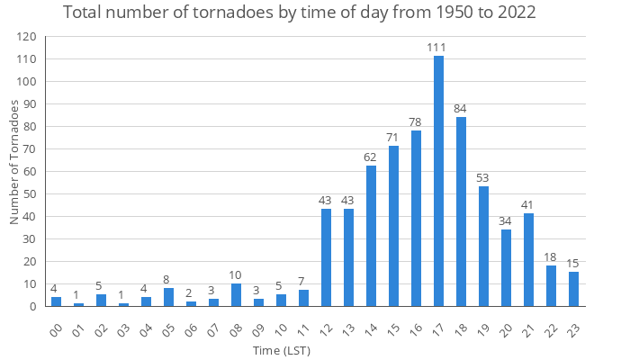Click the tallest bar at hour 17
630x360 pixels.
click(x=438, y=181)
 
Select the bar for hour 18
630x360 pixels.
click(x=461, y=211)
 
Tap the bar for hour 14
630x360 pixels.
click(x=371, y=237)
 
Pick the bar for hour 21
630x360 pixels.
click(x=528, y=260)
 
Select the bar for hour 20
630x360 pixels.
click(x=506, y=268)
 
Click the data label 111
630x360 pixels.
click(x=438, y=47)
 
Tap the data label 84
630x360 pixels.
click(x=461, y=108)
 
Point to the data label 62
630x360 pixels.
click(x=371, y=157)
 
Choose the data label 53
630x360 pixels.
click(x=483, y=177)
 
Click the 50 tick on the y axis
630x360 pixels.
click(x=29, y=194)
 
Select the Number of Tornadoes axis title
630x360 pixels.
click(x=13, y=162)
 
